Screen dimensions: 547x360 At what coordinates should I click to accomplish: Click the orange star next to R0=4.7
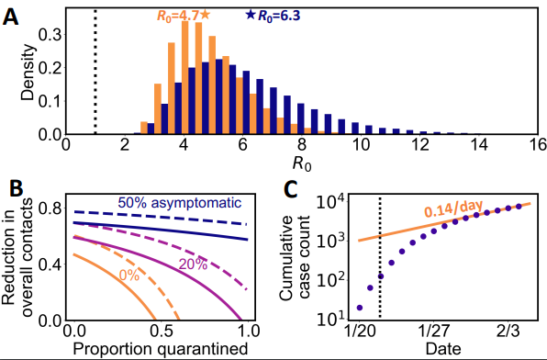tap(206, 15)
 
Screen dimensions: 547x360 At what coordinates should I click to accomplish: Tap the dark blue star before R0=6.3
tap(251, 15)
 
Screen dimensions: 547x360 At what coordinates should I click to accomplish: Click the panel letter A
tap(10, 17)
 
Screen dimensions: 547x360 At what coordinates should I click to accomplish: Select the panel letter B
tap(16, 188)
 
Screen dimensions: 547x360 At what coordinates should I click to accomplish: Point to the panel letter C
tap(291, 189)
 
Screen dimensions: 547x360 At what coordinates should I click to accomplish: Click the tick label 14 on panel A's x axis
tap(479, 145)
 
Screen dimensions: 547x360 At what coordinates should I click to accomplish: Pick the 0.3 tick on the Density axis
tap(49, 35)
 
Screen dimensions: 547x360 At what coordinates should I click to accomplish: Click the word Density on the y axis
tap(28, 73)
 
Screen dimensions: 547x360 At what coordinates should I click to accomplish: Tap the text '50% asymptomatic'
tap(180, 203)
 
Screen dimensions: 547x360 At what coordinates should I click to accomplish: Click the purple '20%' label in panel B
tap(193, 264)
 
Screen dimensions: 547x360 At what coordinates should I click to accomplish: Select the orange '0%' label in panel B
tap(129, 276)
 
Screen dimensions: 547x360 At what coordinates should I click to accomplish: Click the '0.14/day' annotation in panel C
tap(453, 209)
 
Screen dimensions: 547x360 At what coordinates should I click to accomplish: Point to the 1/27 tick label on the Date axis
tap(433, 331)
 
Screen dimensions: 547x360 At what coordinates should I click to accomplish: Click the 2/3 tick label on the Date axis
tap(508, 331)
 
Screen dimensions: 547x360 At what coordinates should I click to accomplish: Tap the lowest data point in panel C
tap(360, 308)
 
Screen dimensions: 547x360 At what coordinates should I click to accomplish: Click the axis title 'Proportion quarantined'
tap(161, 349)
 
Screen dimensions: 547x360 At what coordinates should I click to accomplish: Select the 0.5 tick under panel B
tap(162, 331)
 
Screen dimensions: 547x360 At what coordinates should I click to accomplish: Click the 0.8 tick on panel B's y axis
tap(49, 208)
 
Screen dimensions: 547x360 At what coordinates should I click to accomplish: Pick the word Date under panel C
tap(443, 348)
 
